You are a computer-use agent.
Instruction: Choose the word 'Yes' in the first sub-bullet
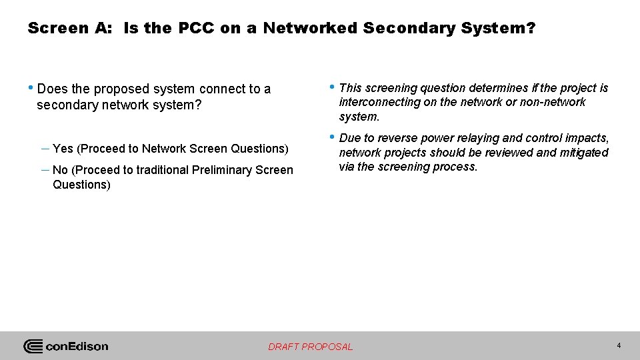[x=63, y=149]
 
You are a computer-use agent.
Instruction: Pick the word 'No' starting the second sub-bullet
[x=59, y=170]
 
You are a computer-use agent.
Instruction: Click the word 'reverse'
[x=399, y=138]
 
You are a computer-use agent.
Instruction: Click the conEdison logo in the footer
[x=66, y=346]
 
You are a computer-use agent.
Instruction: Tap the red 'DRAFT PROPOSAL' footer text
[x=310, y=347]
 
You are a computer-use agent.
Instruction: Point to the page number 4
[x=619, y=345]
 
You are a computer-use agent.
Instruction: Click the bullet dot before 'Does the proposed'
[x=32, y=88]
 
